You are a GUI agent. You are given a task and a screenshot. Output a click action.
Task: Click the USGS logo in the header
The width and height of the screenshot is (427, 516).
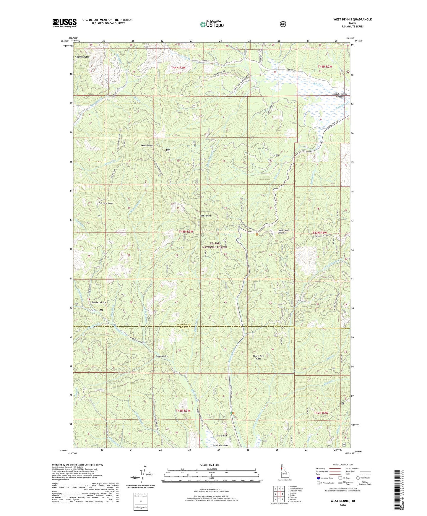point(64,22)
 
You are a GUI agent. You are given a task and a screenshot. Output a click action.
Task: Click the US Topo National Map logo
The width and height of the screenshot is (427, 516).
point(212,24)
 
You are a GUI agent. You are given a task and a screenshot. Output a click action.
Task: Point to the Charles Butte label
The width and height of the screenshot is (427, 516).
point(82,57)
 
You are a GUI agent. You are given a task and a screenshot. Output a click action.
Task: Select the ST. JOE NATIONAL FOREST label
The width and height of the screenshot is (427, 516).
point(215,245)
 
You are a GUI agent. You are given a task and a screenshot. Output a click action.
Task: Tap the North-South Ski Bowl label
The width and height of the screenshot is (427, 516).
point(284,231)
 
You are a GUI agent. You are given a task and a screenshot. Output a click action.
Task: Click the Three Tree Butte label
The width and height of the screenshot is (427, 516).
point(258,357)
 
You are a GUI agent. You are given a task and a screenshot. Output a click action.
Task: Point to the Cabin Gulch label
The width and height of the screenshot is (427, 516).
point(162,356)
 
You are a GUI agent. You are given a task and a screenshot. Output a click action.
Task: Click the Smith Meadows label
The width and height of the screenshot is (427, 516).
point(220,445)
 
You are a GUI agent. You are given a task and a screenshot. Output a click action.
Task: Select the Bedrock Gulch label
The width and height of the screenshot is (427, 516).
point(98,302)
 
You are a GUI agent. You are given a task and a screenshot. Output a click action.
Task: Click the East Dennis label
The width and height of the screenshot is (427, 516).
point(205,216)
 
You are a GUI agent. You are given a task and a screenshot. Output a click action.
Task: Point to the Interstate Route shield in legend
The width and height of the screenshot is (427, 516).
point(318,478)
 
